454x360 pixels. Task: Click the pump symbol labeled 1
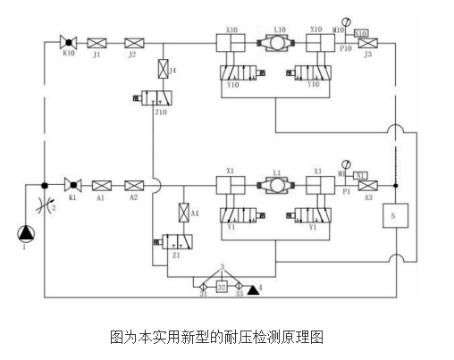[23, 234]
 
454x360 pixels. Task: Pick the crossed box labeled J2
[133, 42]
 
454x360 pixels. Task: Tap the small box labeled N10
[361, 33]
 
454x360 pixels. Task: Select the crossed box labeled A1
[102, 185]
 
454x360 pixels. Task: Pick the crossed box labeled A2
[134, 185]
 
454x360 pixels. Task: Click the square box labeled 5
[395, 217]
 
